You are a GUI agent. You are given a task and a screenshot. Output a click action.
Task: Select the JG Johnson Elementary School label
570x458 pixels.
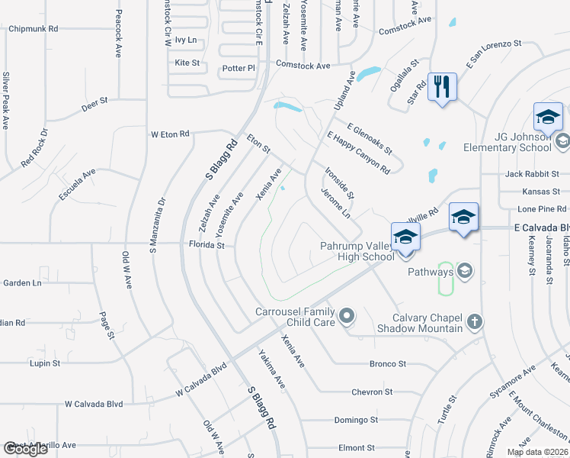click(522, 142)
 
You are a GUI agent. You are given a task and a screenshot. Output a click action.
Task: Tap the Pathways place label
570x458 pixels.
click(431, 271)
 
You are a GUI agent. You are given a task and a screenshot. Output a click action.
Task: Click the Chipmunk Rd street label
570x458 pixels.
click(34, 29)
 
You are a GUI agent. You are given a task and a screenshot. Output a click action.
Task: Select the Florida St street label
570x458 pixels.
click(207, 245)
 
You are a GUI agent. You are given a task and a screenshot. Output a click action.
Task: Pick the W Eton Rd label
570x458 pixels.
click(169, 134)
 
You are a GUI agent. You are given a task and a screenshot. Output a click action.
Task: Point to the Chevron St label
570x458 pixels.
click(372, 392)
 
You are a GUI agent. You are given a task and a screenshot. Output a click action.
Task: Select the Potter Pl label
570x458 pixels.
click(239, 69)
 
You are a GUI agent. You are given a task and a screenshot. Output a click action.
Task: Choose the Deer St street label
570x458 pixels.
click(95, 100)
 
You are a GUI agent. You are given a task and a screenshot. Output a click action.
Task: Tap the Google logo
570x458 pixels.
click(25, 449)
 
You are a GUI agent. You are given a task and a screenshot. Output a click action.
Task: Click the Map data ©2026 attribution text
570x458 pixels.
click(537, 452)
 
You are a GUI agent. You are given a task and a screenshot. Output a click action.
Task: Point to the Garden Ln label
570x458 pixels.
click(22, 282)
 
